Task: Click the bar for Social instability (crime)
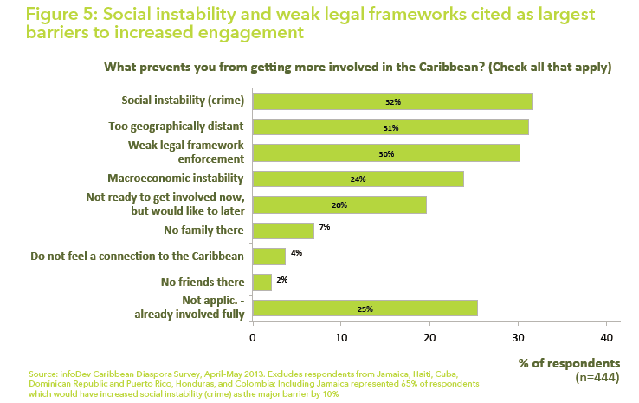pos(392,101)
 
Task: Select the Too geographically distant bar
pos(390,127)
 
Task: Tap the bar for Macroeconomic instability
pos(358,179)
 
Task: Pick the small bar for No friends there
pos(261,282)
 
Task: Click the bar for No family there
pos(282,231)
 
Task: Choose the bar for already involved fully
pos(365,308)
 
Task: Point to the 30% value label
pos(386,154)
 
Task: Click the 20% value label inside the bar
pos(339,205)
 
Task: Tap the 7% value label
pos(325,227)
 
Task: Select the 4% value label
pos(296,253)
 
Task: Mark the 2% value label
pos(282,279)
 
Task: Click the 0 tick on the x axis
pos(252,336)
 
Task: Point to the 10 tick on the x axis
pos(340,336)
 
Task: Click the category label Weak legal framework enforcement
pos(186,153)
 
